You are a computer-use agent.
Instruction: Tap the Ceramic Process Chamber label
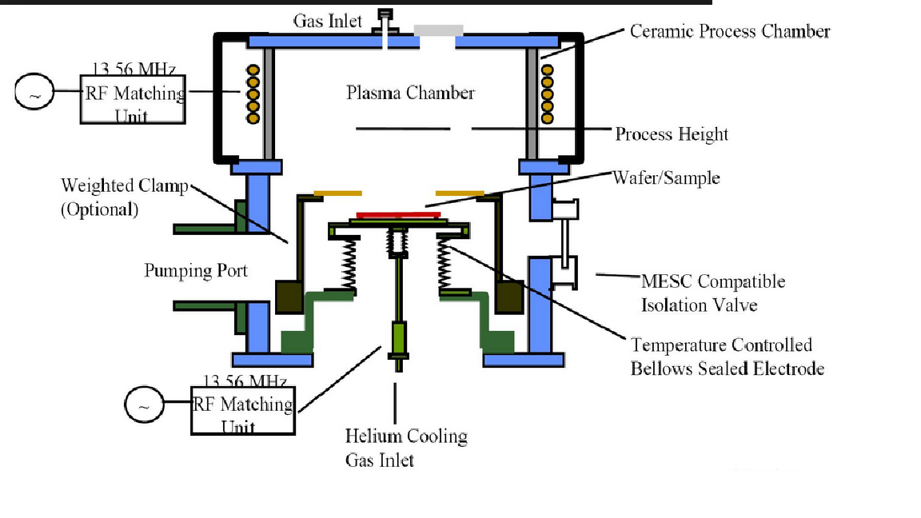click(729, 32)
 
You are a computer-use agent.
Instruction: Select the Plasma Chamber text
click(410, 94)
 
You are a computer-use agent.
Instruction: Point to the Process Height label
click(672, 134)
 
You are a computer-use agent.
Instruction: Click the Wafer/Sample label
click(666, 177)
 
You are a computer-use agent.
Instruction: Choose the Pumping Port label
click(196, 271)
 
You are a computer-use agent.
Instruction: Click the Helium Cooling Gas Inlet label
click(406, 448)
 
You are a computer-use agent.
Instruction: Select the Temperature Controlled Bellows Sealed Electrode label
click(727, 357)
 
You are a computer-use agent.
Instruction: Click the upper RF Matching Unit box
click(133, 98)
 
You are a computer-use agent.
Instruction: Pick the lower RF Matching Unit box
click(243, 409)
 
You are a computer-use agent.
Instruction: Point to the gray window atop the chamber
click(438, 30)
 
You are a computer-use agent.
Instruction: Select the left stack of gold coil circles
click(253, 94)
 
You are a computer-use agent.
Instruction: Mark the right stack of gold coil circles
click(548, 94)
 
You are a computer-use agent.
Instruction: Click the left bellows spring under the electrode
click(349, 264)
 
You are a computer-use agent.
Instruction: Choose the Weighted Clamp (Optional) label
click(123, 197)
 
